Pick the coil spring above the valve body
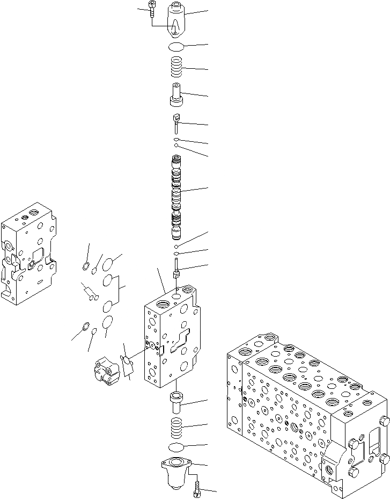point(176,68)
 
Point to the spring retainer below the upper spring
point(176,96)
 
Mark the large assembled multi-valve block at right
point(306,408)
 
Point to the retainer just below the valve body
point(176,401)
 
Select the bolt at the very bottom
point(197,488)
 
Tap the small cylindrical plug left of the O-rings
point(89,293)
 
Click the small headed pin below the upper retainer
point(176,122)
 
